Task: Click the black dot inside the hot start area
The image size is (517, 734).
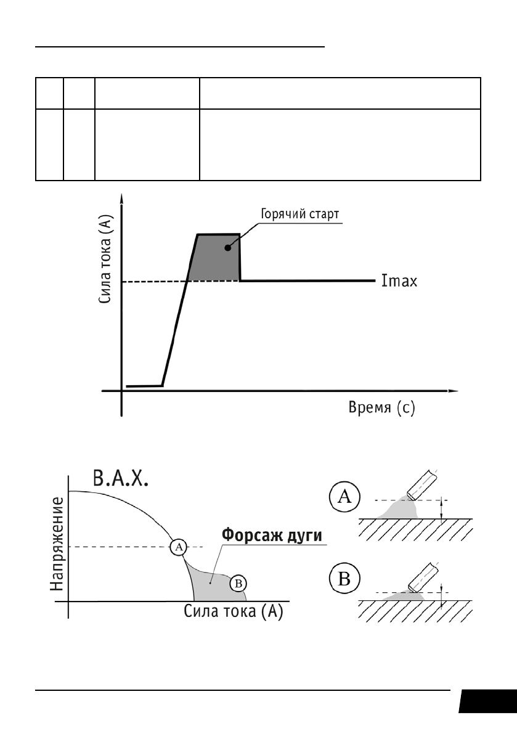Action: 227,247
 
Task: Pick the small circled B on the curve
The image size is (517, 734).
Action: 238,582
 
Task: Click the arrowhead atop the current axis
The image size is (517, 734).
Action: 123,198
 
